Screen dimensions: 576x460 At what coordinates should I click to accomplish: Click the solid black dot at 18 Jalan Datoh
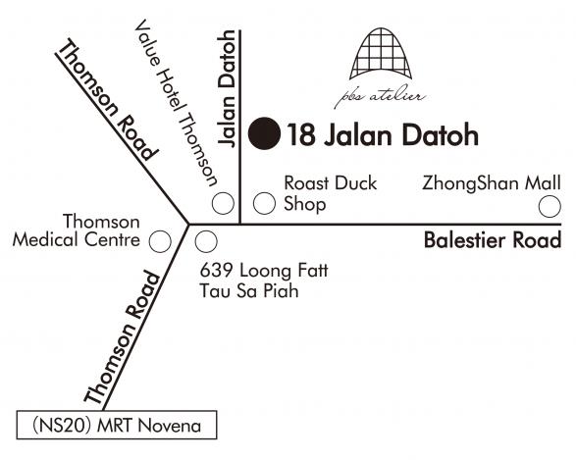[265, 133]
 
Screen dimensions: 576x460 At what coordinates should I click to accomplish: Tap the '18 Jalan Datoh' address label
[383, 134]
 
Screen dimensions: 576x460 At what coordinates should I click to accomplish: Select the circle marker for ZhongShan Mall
[550, 206]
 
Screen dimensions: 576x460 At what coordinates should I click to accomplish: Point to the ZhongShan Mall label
[492, 182]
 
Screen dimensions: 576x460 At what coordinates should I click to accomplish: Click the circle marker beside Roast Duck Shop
[264, 203]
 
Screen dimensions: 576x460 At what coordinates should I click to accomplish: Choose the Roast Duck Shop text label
[331, 194]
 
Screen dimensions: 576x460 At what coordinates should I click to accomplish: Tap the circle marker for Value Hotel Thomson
[223, 203]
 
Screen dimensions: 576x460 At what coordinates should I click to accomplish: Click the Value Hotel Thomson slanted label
[176, 103]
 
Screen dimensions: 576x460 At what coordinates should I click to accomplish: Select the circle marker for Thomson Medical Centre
[160, 241]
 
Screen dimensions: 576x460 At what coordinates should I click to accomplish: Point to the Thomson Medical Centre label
[76, 230]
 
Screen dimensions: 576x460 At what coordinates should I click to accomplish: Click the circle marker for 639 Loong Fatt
[206, 241]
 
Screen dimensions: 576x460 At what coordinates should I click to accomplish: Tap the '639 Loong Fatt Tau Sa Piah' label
[264, 281]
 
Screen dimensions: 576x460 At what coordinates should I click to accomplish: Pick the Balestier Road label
[493, 240]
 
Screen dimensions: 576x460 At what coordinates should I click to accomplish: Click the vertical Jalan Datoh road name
[227, 89]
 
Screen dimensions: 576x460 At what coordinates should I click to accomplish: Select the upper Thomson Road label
[108, 100]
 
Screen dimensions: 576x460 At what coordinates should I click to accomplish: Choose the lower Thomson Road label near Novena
[123, 337]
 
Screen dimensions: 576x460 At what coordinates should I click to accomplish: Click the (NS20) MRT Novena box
[117, 425]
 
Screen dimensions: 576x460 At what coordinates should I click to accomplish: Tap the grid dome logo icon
[381, 54]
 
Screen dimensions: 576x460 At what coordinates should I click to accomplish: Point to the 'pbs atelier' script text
[380, 96]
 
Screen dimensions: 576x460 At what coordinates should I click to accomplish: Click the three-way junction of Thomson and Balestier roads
[188, 224]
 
